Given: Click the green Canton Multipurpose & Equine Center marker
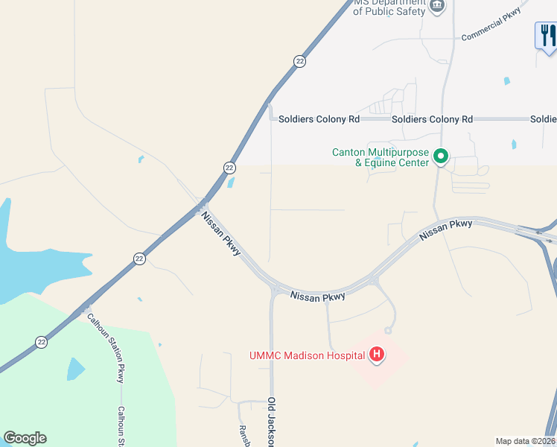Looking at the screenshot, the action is [x=440, y=156].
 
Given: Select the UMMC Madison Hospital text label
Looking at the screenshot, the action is [x=307, y=355].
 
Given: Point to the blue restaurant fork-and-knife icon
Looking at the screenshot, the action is [x=547, y=35].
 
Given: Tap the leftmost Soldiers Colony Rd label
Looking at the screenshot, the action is [x=319, y=119].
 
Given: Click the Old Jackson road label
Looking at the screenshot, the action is [x=273, y=422].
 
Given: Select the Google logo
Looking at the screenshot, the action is [x=25, y=438].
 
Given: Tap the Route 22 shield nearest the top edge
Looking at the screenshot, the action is [x=299, y=61].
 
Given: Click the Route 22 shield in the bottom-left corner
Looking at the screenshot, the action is [x=42, y=342].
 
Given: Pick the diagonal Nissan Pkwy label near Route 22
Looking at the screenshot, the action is [x=221, y=234].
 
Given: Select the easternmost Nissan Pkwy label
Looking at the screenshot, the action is [x=445, y=229].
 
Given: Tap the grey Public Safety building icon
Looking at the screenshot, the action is [x=438, y=7].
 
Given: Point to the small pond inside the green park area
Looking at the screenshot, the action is [x=75, y=369].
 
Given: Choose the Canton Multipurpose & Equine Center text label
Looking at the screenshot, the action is [x=380, y=158].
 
